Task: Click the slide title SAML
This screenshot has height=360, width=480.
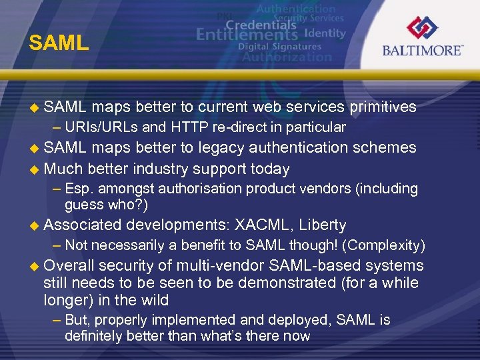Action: click(x=59, y=43)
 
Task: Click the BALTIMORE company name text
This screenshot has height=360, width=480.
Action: click(x=423, y=51)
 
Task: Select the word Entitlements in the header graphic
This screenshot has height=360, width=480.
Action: click(x=248, y=34)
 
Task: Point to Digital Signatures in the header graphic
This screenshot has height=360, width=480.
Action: click(x=279, y=47)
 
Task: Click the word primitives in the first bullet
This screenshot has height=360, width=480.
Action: click(x=383, y=107)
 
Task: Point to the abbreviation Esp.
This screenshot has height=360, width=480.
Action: click(x=79, y=189)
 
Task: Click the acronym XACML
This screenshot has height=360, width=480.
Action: click(x=265, y=225)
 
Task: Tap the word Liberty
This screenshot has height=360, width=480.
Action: click(x=323, y=225)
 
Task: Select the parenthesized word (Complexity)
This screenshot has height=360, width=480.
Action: click(x=383, y=246)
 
